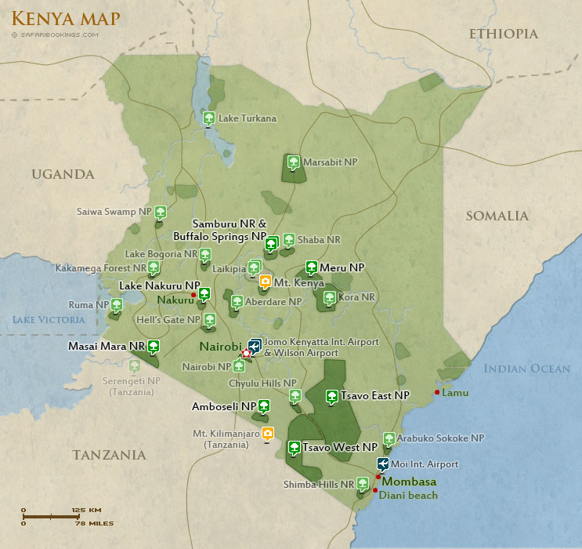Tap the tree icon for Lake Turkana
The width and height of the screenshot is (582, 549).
pyautogui.click(x=208, y=118)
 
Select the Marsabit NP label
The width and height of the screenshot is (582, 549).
pyautogui.click(x=331, y=162)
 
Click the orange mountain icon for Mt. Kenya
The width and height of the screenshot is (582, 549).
pyautogui.click(x=265, y=282)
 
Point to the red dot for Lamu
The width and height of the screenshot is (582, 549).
pyautogui.click(x=437, y=392)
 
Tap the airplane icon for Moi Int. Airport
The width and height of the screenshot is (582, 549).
pyautogui.click(x=383, y=464)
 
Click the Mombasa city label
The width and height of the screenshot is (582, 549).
pyautogui.click(x=408, y=482)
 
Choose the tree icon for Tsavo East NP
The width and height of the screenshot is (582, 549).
pyautogui.click(x=331, y=395)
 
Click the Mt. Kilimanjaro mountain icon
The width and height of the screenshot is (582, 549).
pyautogui.click(x=268, y=433)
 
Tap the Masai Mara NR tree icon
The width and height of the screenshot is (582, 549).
pyautogui.click(x=154, y=345)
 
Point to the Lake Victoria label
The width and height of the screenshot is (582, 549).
pyautogui.click(x=48, y=319)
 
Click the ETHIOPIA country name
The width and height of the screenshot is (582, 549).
pyautogui.click(x=503, y=34)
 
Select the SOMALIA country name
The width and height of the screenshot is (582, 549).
pyautogui.click(x=497, y=216)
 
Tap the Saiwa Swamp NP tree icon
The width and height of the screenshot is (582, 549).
pyautogui.click(x=160, y=211)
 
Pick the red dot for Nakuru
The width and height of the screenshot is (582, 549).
pyautogui.click(x=193, y=294)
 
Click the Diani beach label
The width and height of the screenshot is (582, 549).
pyautogui.click(x=408, y=495)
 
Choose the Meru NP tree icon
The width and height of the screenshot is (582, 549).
pyautogui.click(x=311, y=267)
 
